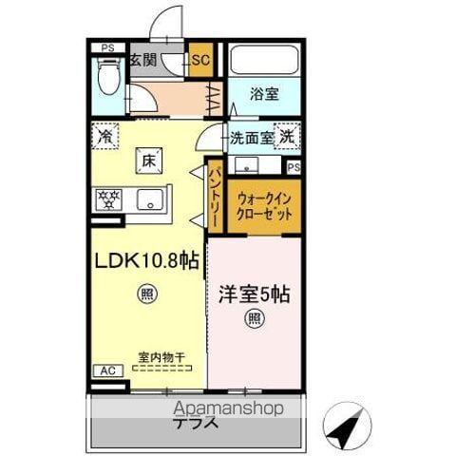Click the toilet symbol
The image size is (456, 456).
tap(108, 76)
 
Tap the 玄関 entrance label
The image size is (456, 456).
tap(143, 61)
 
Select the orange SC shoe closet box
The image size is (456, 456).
tap(200, 61)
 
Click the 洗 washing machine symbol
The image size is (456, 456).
tap(287, 136)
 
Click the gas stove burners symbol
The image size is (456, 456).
tap(108, 199)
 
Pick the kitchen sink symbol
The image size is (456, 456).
tap(148, 199)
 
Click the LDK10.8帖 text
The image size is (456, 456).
tap(145, 260)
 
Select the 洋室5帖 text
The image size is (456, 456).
tap(254, 294)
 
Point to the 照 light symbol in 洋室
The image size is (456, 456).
tap(254, 318)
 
